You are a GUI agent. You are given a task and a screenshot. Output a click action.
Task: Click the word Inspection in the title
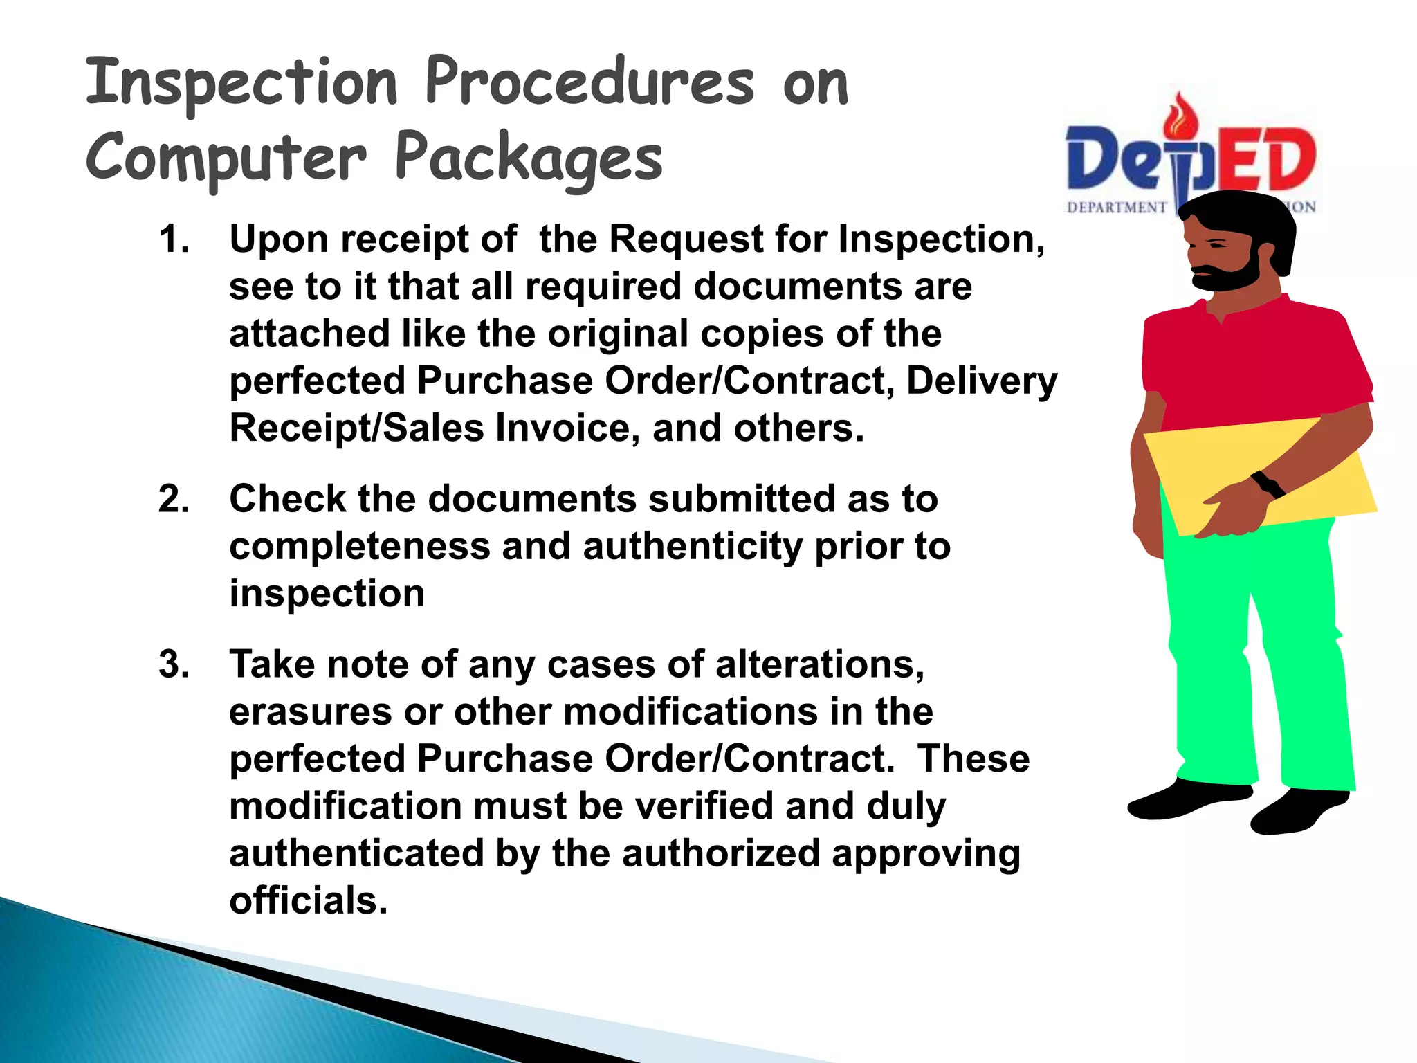click(241, 83)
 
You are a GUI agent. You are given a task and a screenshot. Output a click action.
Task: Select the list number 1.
click(174, 239)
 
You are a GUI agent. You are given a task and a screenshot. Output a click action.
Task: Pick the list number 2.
click(174, 500)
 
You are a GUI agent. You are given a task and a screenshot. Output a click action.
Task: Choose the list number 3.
click(174, 664)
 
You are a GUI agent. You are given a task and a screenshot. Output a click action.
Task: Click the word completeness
click(359, 547)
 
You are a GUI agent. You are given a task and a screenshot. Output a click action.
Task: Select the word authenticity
click(693, 547)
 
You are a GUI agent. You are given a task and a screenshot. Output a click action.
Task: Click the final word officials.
click(309, 901)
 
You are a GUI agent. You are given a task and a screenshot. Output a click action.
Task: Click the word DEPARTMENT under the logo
click(1116, 208)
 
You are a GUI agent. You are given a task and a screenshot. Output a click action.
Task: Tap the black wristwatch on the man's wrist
click(1268, 484)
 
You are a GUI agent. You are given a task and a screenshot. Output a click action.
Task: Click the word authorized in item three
click(720, 854)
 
